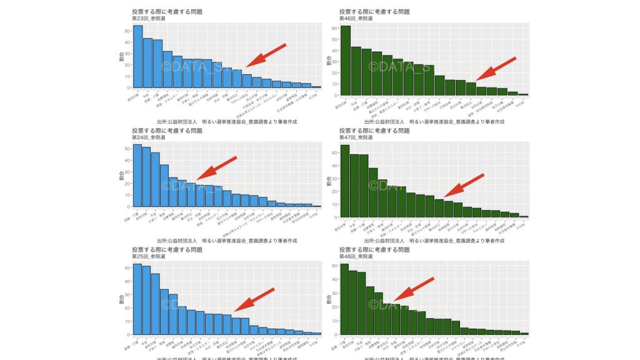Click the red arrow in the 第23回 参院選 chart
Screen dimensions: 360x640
pos(266,56)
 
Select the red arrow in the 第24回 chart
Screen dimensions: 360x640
pos(217,168)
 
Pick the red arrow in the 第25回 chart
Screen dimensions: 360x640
pos(254,299)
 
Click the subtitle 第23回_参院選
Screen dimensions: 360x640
pos(148,19)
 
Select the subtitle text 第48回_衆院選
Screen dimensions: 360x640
pos(356,256)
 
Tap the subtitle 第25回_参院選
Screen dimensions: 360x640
pos(148,256)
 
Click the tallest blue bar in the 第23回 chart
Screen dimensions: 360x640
pos(137,56)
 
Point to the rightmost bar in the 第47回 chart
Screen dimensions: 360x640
pos(524,216)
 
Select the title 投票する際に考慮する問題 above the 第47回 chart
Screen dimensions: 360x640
pos(374,130)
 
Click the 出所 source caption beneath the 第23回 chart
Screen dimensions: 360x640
pos(226,121)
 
